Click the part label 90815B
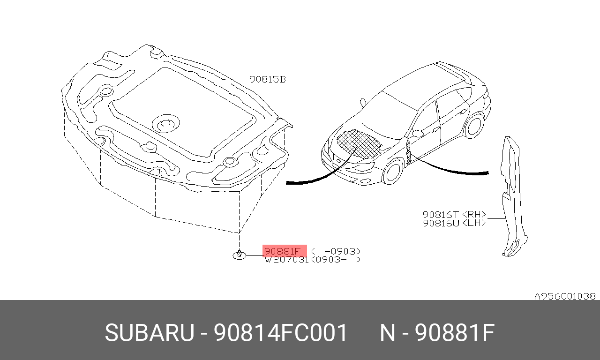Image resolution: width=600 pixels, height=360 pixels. [x=267, y=80]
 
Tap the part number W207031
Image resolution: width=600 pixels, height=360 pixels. [x=286, y=259]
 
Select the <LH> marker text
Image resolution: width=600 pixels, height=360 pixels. [x=474, y=223]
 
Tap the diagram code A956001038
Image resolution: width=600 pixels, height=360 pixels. [x=565, y=296]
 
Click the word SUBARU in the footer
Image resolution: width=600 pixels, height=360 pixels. [x=149, y=333]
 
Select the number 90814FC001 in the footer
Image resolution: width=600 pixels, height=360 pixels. [x=281, y=333]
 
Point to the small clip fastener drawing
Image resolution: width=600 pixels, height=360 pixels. [x=240, y=255]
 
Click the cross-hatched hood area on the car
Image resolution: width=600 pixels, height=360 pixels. [x=359, y=142]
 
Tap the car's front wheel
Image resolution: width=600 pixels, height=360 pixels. [x=393, y=172]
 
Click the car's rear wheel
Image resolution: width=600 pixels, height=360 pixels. [x=474, y=124]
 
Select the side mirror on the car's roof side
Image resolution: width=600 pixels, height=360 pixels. [x=363, y=102]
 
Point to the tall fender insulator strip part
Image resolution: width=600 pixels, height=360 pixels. [x=510, y=197]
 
